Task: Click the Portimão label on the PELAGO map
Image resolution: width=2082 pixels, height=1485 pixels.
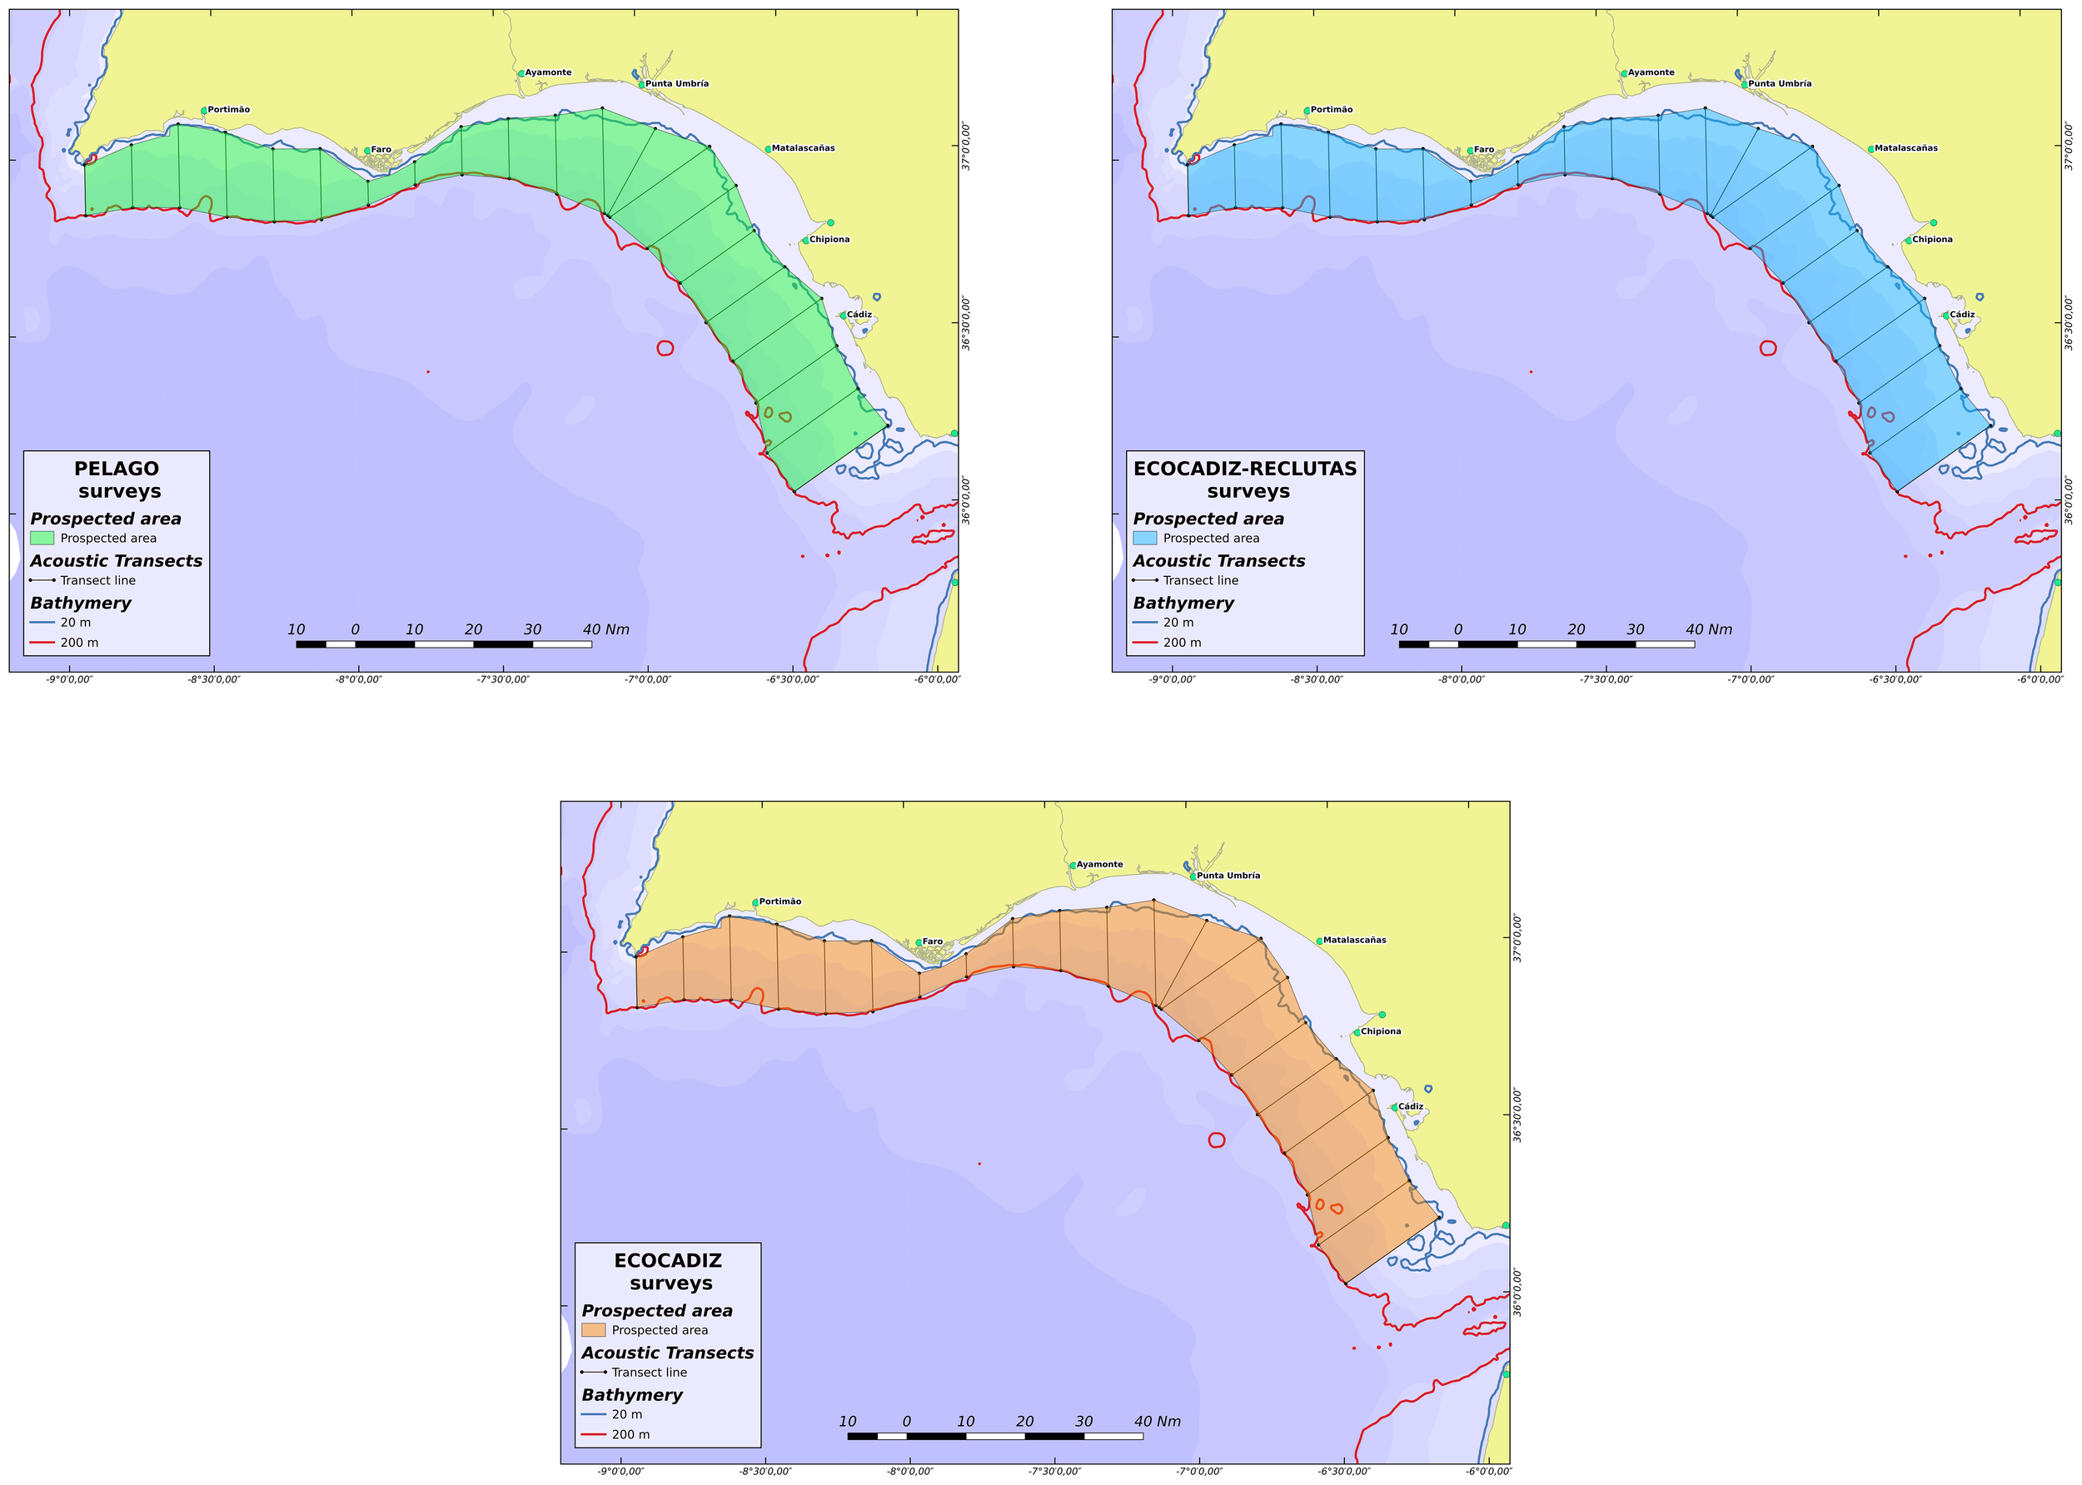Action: [x=229, y=110]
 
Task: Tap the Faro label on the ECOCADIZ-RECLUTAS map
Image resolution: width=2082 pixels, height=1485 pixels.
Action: [x=1484, y=150]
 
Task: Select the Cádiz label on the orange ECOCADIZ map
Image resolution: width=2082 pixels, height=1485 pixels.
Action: [x=1411, y=1106]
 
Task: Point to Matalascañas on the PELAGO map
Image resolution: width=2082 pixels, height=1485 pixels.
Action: [x=802, y=148]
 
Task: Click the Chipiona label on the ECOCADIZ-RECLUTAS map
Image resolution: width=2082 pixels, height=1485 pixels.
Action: [x=1932, y=240]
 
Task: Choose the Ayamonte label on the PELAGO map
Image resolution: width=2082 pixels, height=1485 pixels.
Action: [x=548, y=72]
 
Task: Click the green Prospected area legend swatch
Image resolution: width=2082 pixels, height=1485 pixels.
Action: [x=42, y=538]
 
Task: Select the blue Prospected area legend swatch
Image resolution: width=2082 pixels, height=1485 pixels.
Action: [x=1144, y=538]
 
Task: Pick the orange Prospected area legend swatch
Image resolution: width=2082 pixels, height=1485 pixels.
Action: [x=593, y=1329]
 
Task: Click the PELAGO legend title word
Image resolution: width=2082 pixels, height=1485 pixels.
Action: [x=116, y=468]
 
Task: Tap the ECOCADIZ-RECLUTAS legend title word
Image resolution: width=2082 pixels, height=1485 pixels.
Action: [x=1244, y=468]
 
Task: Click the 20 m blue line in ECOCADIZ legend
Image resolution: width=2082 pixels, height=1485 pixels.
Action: [x=593, y=1413]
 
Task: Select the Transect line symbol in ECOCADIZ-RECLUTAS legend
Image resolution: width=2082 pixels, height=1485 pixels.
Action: [x=1144, y=579]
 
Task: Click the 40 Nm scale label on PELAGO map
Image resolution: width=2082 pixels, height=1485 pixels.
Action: [x=605, y=629]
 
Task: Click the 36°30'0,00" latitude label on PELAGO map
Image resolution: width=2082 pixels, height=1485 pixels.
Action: [x=966, y=322]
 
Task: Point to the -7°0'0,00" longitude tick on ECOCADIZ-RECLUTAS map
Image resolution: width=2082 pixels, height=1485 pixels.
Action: [x=1751, y=679]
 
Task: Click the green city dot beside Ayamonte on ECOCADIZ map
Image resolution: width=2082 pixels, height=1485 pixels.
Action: [x=1073, y=865]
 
